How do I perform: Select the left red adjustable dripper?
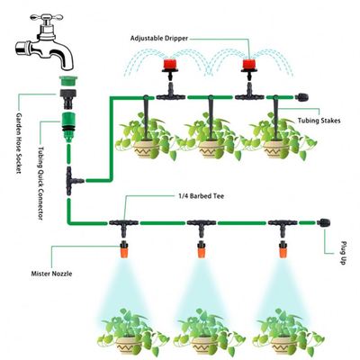point(166,66)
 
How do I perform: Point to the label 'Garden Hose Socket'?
point(17,148)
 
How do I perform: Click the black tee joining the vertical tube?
point(73,181)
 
